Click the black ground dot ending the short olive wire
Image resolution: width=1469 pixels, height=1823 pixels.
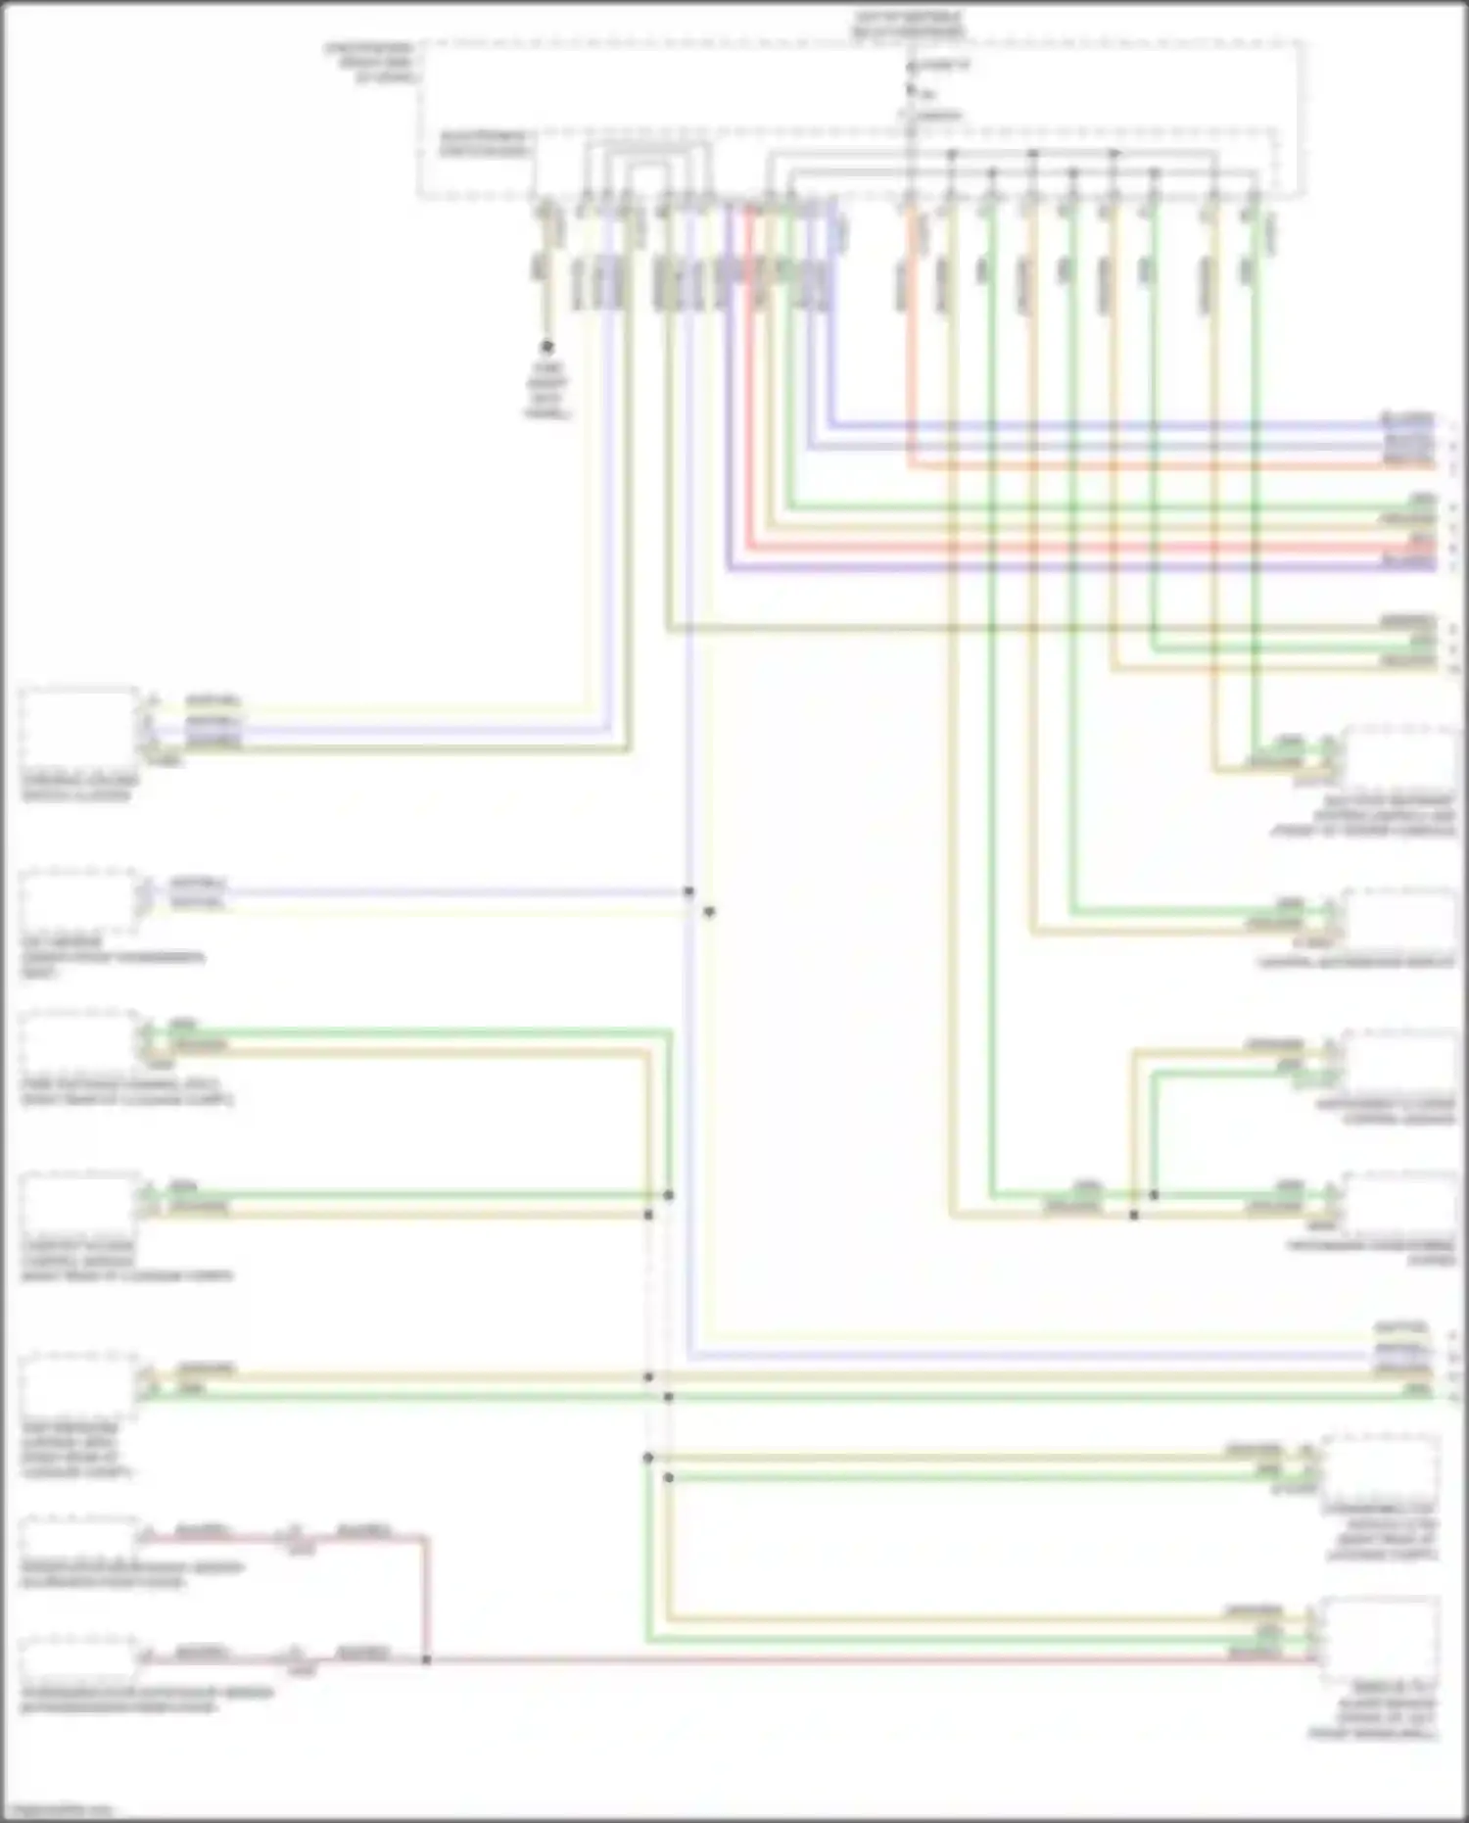click(546, 347)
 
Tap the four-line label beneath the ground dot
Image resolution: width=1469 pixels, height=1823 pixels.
click(546, 390)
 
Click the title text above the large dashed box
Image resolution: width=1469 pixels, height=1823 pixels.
click(909, 24)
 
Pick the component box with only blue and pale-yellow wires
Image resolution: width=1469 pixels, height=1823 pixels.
click(78, 899)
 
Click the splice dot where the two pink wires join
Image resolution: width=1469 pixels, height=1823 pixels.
click(426, 1659)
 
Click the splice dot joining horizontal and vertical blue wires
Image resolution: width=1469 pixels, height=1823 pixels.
click(688, 891)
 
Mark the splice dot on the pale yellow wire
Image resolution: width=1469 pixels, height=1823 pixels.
click(709, 912)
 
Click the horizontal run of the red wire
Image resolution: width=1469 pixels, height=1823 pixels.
click(1077, 547)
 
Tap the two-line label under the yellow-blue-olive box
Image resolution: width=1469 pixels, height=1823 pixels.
click(80, 788)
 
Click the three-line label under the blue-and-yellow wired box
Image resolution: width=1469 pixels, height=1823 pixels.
click(113, 957)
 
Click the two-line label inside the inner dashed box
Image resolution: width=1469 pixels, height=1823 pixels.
click(483, 143)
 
